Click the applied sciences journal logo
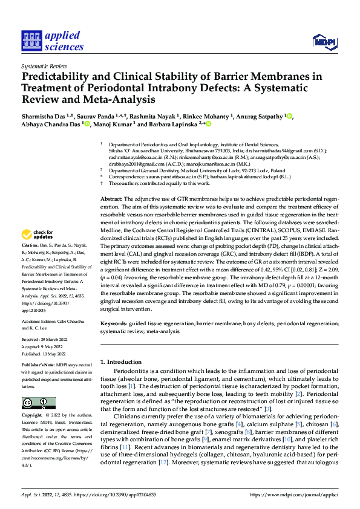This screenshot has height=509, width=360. click(x=53, y=40)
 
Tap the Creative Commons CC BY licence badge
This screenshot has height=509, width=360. click(x=38, y=403)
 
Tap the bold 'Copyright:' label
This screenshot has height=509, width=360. click(x=32, y=416)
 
